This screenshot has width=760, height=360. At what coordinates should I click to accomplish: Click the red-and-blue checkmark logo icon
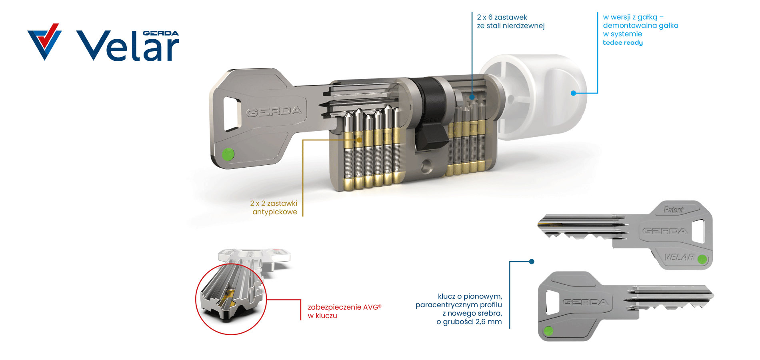click(x=44, y=42)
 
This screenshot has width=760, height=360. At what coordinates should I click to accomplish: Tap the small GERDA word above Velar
click(x=161, y=33)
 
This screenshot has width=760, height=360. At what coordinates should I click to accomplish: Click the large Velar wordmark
click(x=128, y=46)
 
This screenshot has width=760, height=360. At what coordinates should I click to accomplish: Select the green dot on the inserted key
click(x=228, y=154)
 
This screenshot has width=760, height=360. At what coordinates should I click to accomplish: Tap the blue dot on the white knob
click(x=573, y=93)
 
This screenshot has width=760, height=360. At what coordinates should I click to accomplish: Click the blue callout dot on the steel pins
click(x=472, y=97)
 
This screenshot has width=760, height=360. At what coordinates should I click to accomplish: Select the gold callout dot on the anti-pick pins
click(x=359, y=140)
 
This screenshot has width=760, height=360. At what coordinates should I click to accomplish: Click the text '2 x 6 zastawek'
click(x=502, y=17)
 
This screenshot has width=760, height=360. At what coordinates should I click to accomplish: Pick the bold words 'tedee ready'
click(x=623, y=42)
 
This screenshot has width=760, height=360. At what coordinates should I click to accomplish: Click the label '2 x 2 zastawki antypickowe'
click(x=274, y=208)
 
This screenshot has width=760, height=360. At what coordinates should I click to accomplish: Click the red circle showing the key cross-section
click(x=231, y=299)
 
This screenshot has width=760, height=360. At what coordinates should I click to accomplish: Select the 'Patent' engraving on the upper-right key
click(x=674, y=210)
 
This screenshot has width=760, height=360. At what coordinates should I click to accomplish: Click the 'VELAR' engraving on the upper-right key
click(x=679, y=257)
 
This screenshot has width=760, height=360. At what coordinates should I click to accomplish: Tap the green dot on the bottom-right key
click(x=548, y=331)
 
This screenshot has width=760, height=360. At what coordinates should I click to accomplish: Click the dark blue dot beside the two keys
click(x=532, y=262)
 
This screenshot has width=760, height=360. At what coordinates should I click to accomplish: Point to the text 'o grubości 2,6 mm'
click(x=469, y=322)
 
